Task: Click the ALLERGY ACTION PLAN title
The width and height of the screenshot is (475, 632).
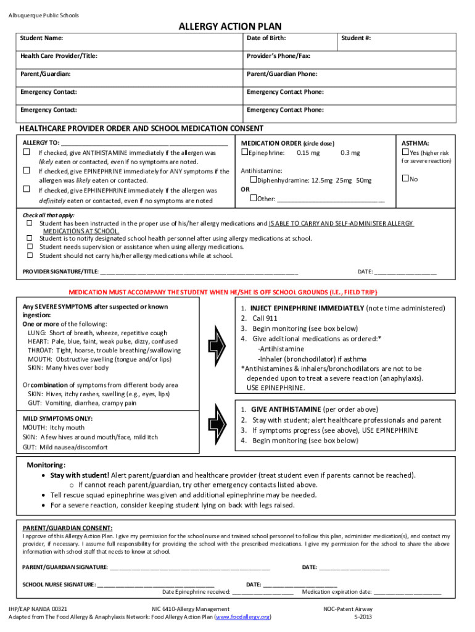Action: [230, 26]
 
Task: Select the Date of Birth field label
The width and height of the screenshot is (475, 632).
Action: [266, 38]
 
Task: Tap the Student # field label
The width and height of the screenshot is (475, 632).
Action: [357, 38]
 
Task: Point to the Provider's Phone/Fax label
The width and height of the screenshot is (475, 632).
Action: [279, 56]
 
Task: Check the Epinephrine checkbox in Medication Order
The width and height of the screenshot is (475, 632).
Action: [244, 152]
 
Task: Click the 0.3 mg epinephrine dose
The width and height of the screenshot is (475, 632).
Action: [350, 153]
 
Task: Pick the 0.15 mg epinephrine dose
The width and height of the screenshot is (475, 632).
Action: [308, 153]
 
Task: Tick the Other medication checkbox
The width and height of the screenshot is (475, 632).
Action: [253, 199]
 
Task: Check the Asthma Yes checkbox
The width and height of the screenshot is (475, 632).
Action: [405, 152]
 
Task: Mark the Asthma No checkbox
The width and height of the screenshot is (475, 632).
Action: [405, 179]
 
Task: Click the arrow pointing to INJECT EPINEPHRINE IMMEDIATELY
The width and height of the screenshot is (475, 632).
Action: [219, 339]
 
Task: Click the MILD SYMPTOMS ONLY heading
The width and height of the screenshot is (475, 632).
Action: [57, 418]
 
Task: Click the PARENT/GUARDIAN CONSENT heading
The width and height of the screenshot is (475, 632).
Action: [67, 528]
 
